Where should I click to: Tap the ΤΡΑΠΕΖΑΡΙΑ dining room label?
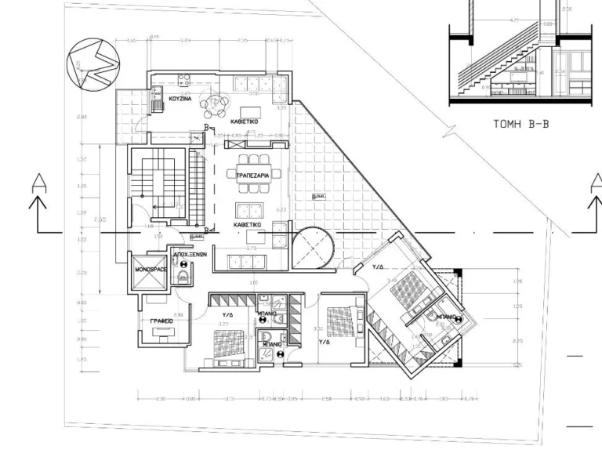pos(253,176)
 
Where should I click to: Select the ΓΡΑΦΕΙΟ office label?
pos(161,321)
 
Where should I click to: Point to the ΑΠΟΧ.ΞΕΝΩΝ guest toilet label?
pos(189,255)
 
